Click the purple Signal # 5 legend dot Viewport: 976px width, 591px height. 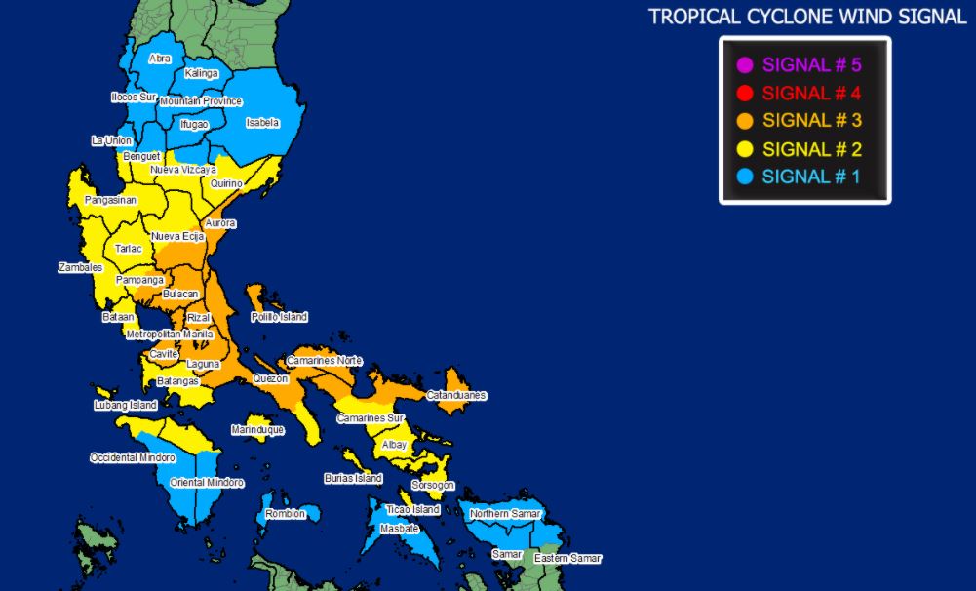point(745,66)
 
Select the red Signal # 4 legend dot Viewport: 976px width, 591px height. point(745,94)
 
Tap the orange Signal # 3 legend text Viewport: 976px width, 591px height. point(811,121)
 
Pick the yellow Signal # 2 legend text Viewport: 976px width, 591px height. point(811,149)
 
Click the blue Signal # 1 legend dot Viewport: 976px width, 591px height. point(745,177)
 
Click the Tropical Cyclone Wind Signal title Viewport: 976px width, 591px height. point(807,17)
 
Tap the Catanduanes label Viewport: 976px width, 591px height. point(455,395)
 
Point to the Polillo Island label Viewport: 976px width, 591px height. point(279,317)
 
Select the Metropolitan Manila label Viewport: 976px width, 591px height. point(170,334)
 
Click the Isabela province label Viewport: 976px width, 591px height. point(262,123)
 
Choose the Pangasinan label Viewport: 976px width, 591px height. point(110,200)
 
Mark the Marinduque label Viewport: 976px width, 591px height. point(257,429)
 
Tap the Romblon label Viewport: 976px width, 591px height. point(285,513)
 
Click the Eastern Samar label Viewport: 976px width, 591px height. point(567,558)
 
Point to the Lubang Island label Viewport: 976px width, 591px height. point(125,405)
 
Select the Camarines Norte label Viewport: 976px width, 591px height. point(324,361)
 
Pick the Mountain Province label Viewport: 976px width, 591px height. point(201,101)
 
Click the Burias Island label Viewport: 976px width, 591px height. point(353,479)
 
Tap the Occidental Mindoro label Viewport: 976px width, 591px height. point(133,457)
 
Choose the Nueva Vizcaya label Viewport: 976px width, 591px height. point(183,170)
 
